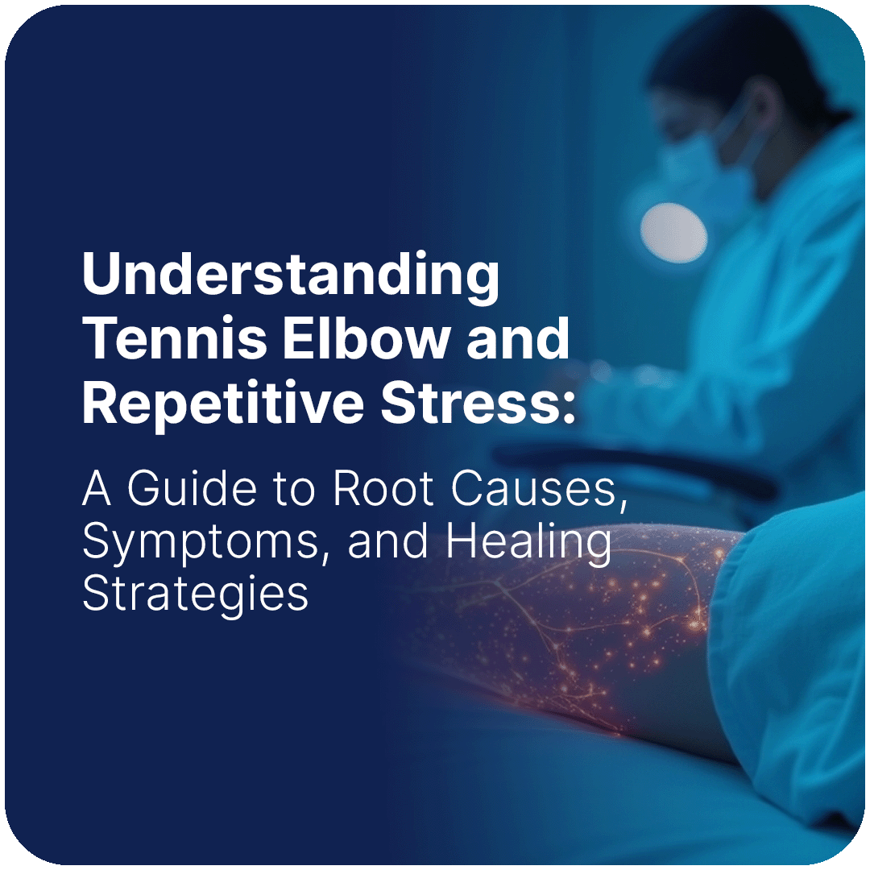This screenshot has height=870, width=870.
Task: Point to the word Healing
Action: click(528, 541)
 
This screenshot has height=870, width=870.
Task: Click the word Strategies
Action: click(195, 594)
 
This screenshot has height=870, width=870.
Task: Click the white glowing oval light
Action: click(673, 234)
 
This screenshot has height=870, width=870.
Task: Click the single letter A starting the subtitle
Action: click(96, 489)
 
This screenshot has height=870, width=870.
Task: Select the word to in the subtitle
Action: click(295, 491)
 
